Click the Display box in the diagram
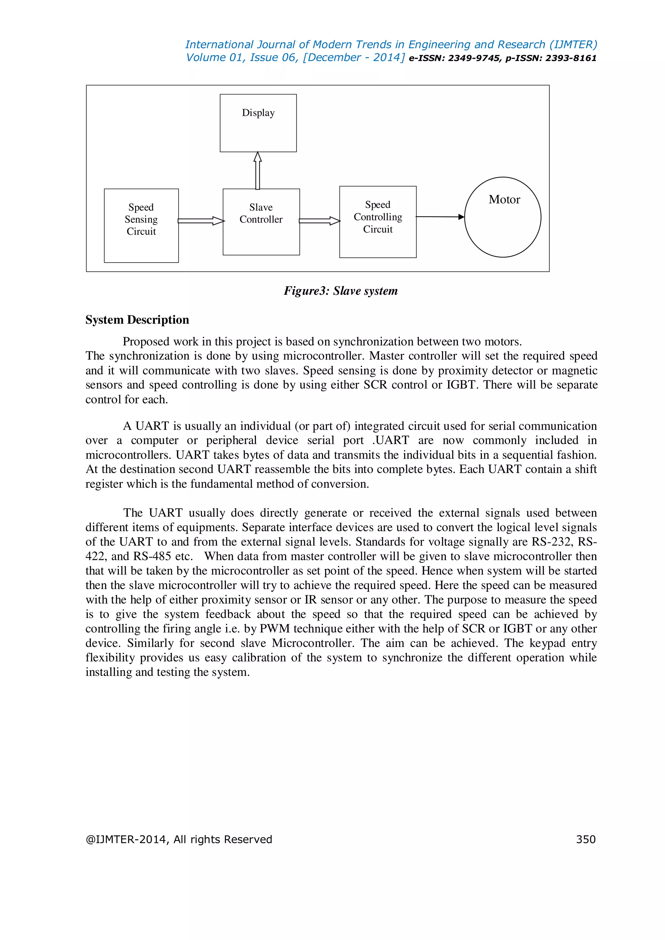pyautogui.click(x=258, y=123)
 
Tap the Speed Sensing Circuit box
pyautogui.click(x=141, y=225)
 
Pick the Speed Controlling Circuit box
pyautogui.click(x=378, y=222)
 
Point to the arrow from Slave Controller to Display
pyautogui.click(x=257, y=171)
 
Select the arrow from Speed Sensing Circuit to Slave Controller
pyautogui.click(x=201, y=221)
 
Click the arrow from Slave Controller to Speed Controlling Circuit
pyautogui.click(x=320, y=221)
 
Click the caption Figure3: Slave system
pyautogui.click(x=341, y=291)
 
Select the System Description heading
pyautogui.click(x=137, y=320)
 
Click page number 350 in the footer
pyautogui.click(x=585, y=839)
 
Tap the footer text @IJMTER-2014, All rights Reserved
pyautogui.click(x=179, y=839)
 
